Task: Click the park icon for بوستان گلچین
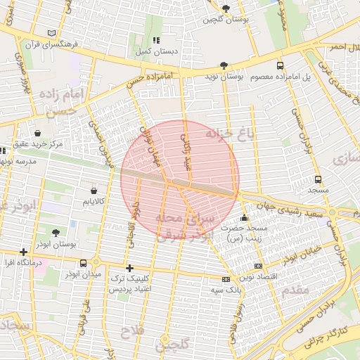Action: coord(226,8)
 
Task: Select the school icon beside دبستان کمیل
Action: coord(156,41)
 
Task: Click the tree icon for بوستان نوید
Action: coord(224,65)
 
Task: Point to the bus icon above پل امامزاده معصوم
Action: coord(281,65)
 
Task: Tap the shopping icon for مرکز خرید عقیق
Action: coord(37,133)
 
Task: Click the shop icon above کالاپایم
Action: coord(94,190)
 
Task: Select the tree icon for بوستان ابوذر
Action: coord(56,232)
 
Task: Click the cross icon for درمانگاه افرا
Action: coord(24,252)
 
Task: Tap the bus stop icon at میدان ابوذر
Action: coord(84,263)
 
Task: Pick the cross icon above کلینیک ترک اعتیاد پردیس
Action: coord(129,268)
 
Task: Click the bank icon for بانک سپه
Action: coord(224,280)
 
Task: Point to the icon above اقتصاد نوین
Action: coord(258,266)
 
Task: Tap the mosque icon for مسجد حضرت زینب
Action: coord(244,218)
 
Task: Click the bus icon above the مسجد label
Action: coord(318,179)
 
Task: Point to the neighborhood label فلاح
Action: coord(131,330)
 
